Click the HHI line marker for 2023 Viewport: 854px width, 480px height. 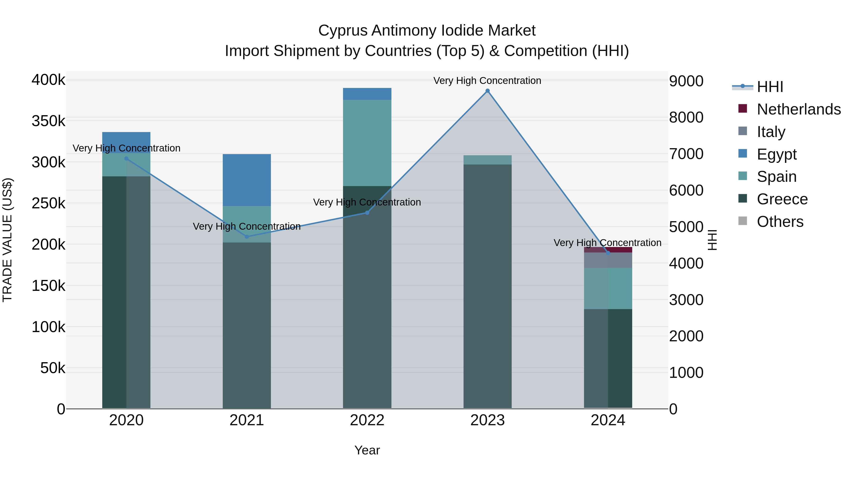(x=487, y=91)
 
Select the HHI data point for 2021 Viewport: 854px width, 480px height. (x=247, y=237)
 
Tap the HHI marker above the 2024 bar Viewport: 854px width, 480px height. (x=608, y=253)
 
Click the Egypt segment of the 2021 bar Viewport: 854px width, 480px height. (x=247, y=180)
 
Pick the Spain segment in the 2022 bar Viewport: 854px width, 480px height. (x=367, y=142)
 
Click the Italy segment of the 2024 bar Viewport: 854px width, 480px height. (x=608, y=260)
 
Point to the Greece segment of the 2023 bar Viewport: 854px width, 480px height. (x=487, y=285)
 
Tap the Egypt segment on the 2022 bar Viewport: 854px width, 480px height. (x=367, y=94)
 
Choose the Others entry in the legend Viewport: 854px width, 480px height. (x=780, y=222)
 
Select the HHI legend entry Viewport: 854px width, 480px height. (x=770, y=87)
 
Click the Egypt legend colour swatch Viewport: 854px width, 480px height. (x=743, y=154)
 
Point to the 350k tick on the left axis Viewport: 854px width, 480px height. (x=48, y=121)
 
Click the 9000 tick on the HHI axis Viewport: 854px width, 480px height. (x=686, y=81)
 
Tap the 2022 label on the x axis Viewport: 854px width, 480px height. (x=367, y=420)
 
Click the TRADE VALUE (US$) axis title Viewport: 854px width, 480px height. (x=7, y=240)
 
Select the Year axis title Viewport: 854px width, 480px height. (x=367, y=450)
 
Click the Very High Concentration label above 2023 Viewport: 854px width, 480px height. (x=487, y=81)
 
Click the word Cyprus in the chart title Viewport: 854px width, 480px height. (x=343, y=31)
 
